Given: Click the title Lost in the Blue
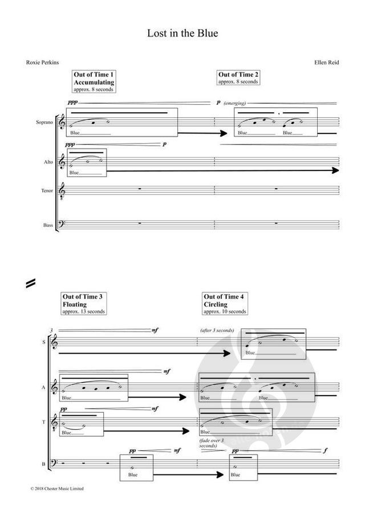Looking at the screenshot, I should point(182,34).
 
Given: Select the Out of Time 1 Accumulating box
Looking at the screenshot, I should point(94,82).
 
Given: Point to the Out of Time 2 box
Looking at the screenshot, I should point(238,78).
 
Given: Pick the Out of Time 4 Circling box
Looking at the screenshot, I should point(225,304).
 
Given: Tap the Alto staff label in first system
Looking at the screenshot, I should point(48,162).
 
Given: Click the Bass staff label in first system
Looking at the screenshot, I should point(47,226).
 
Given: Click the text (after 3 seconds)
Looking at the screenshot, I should point(216,331).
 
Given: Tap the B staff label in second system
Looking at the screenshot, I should point(43,465).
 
